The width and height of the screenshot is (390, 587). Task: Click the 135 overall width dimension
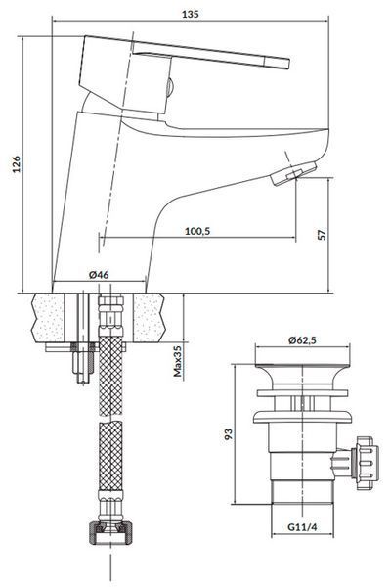190,15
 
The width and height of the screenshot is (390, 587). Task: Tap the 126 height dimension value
17,164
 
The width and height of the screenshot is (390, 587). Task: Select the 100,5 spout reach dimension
197,231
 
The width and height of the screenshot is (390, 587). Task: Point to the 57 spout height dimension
322,235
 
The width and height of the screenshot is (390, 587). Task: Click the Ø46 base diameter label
99,274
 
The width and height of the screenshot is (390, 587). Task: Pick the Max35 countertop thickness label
177,361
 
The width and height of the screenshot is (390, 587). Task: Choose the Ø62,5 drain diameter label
302,339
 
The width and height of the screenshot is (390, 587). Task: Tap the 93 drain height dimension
228,433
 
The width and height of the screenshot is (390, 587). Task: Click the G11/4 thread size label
302,527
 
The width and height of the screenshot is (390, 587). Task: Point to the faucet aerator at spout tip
294,173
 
